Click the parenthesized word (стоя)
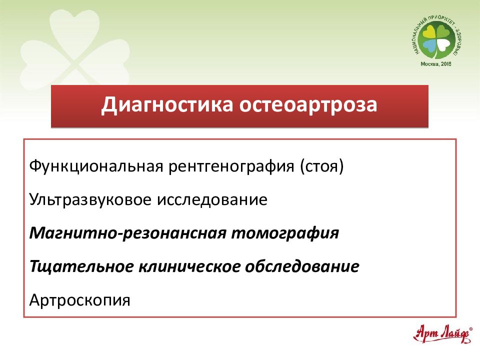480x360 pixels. (322, 166)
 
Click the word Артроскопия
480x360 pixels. (80, 300)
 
